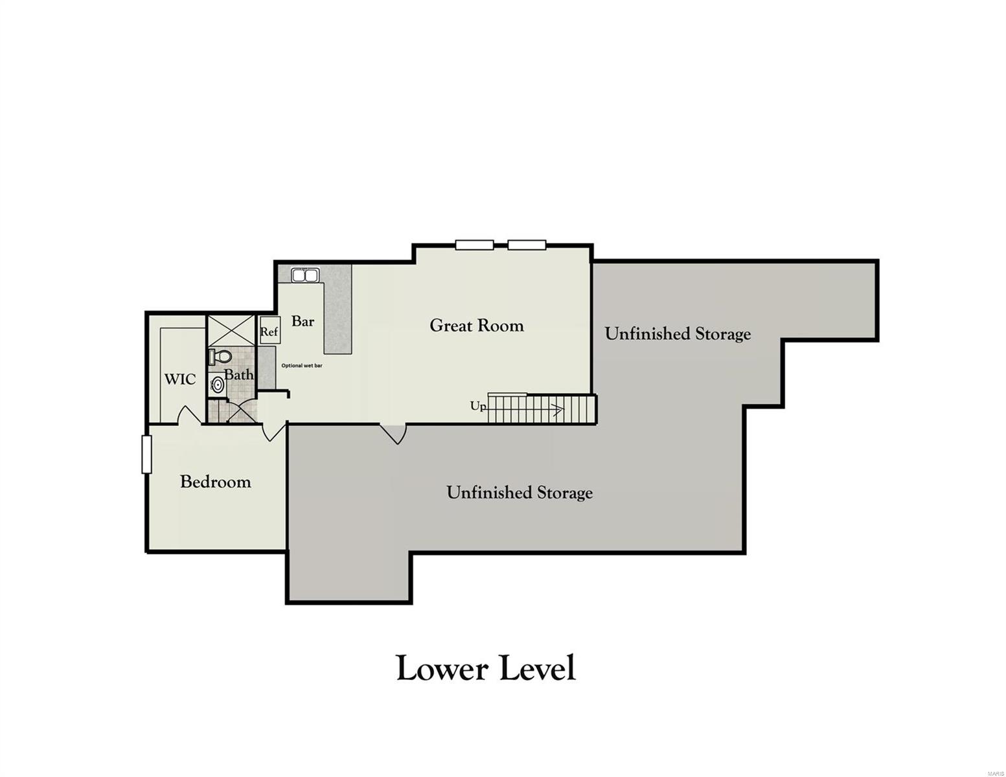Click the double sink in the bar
pyautogui.click(x=305, y=276)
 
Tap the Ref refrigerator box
pyautogui.click(x=269, y=331)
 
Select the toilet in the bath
pyautogui.click(x=220, y=357)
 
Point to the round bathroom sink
pyautogui.click(x=218, y=385)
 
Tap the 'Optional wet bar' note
pyautogui.click(x=302, y=366)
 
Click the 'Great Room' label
pyautogui.click(x=476, y=326)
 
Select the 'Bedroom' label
pyautogui.click(x=215, y=482)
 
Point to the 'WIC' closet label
pyautogui.click(x=179, y=379)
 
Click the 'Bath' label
pyautogui.click(x=238, y=374)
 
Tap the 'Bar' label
pyautogui.click(x=303, y=321)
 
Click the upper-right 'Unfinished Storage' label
pyautogui.click(x=678, y=334)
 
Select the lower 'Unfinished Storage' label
pyautogui.click(x=520, y=493)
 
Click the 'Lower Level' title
pyautogui.click(x=485, y=668)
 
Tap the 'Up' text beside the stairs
pyautogui.click(x=478, y=406)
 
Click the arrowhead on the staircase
pyautogui.click(x=558, y=409)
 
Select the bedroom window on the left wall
pyautogui.click(x=146, y=455)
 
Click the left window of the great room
pyautogui.click(x=474, y=245)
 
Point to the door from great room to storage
pyautogui.click(x=393, y=433)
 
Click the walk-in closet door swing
pyautogui.click(x=189, y=416)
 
